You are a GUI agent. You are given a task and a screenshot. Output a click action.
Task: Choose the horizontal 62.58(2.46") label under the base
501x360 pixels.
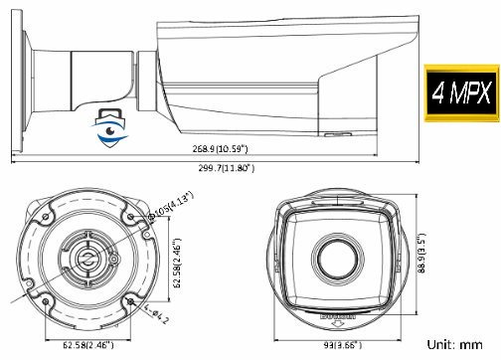pos(83,345)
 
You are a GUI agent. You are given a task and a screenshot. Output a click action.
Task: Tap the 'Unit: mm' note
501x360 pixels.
pos(463,345)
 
